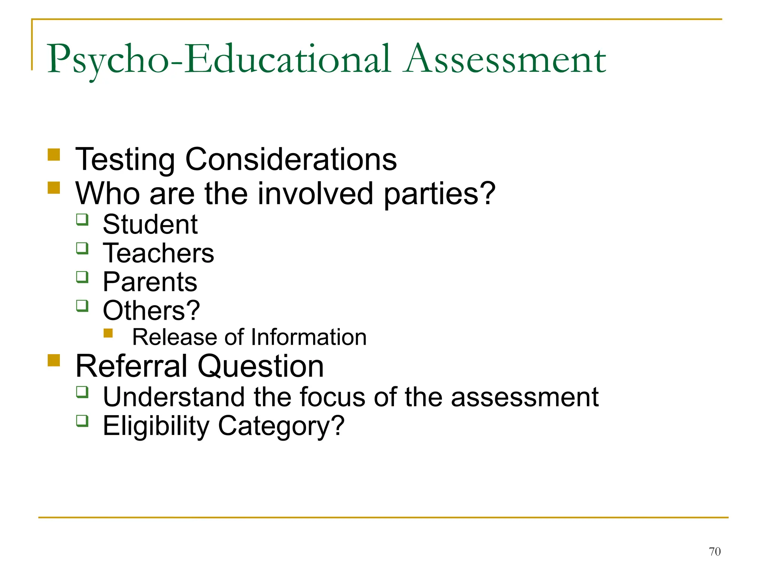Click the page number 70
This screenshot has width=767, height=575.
[x=715, y=551]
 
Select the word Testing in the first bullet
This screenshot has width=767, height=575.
[x=125, y=160]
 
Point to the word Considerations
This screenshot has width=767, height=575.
[x=291, y=160]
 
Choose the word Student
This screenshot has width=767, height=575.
[x=150, y=225]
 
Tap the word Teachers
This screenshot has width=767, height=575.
[x=158, y=253]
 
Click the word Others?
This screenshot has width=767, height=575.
[x=151, y=311]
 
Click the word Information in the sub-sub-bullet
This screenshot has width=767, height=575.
[x=309, y=337]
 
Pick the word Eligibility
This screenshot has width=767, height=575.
[x=156, y=426]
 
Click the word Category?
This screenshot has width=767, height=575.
[x=281, y=426]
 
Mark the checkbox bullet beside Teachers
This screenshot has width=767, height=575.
[x=82, y=248]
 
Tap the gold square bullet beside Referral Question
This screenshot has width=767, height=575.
[x=54, y=360]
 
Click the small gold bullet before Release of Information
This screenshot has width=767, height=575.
[x=108, y=333]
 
